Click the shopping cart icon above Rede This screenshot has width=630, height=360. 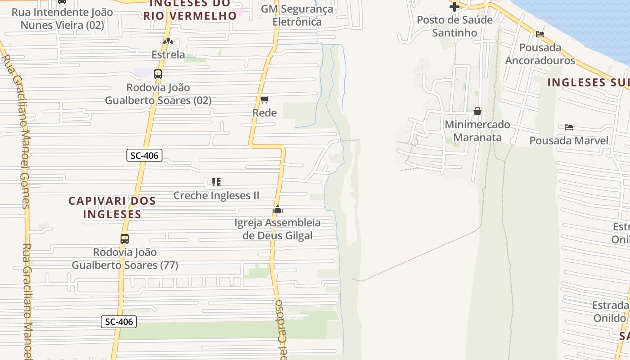coord(264,99)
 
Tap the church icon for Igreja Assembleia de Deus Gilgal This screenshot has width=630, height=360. coord(278,209)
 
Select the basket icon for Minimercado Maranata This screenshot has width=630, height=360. coord(477,111)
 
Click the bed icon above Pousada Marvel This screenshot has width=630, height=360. coord(569,127)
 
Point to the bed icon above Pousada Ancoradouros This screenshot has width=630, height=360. coord(540,34)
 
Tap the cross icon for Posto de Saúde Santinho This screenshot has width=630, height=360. coord(454,7)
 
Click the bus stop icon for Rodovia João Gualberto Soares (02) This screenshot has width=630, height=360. coord(158,74)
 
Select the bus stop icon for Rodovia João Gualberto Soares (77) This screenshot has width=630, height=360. coord(125,239)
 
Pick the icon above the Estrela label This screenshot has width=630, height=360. coord(168,41)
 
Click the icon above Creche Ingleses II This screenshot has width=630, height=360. coord(216,182)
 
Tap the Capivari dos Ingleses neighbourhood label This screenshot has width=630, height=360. coord(112,207)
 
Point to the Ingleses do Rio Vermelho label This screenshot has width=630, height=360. coord(190,10)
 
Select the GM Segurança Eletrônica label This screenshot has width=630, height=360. coord(297,15)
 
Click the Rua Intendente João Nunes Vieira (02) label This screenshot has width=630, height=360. coord(62,19)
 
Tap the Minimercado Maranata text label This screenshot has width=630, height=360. coord(477,131)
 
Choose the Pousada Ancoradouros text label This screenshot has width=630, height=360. coord(540,54)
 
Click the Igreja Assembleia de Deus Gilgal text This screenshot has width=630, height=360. coord(278,229)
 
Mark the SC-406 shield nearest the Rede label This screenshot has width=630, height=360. coord(144,156)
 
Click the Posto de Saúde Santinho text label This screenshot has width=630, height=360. coord(454,26)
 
